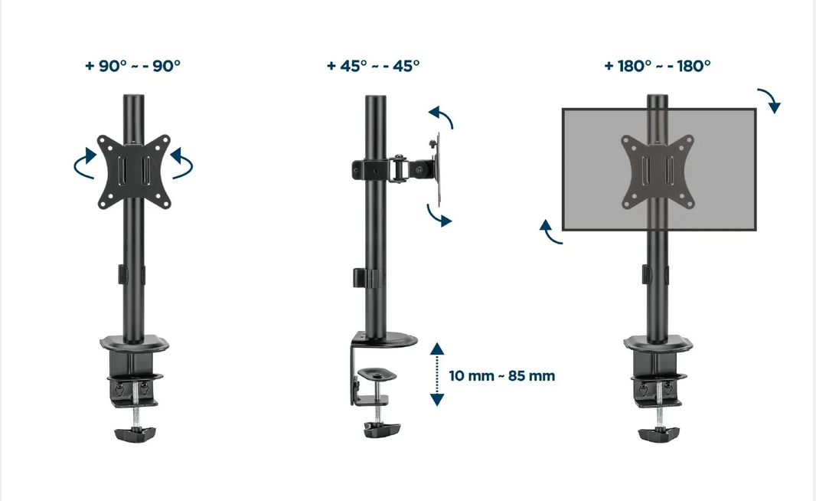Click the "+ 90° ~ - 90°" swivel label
(132, 66)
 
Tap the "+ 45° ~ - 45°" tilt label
(373, 66)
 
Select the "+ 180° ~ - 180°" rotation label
(657, 66)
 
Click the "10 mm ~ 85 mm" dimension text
(502, 376)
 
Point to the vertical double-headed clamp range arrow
(437, 374)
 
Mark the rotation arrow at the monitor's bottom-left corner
(550, 232)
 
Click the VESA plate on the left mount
(133, 172)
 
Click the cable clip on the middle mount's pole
(365, 278)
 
